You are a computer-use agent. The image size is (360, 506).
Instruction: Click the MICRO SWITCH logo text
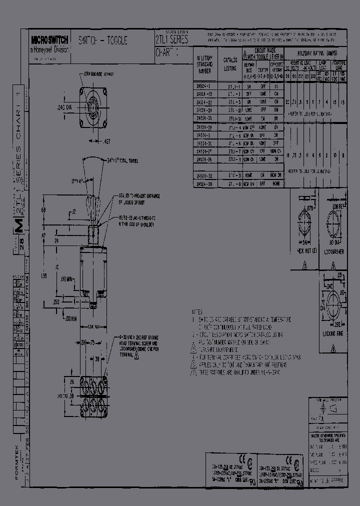point(49,38)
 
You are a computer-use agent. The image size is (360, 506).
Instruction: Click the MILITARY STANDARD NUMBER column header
point(205,64)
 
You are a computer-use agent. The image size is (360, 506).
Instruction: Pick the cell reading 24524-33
point(204,119)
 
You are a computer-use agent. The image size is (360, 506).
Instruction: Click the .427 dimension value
point(106,141)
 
